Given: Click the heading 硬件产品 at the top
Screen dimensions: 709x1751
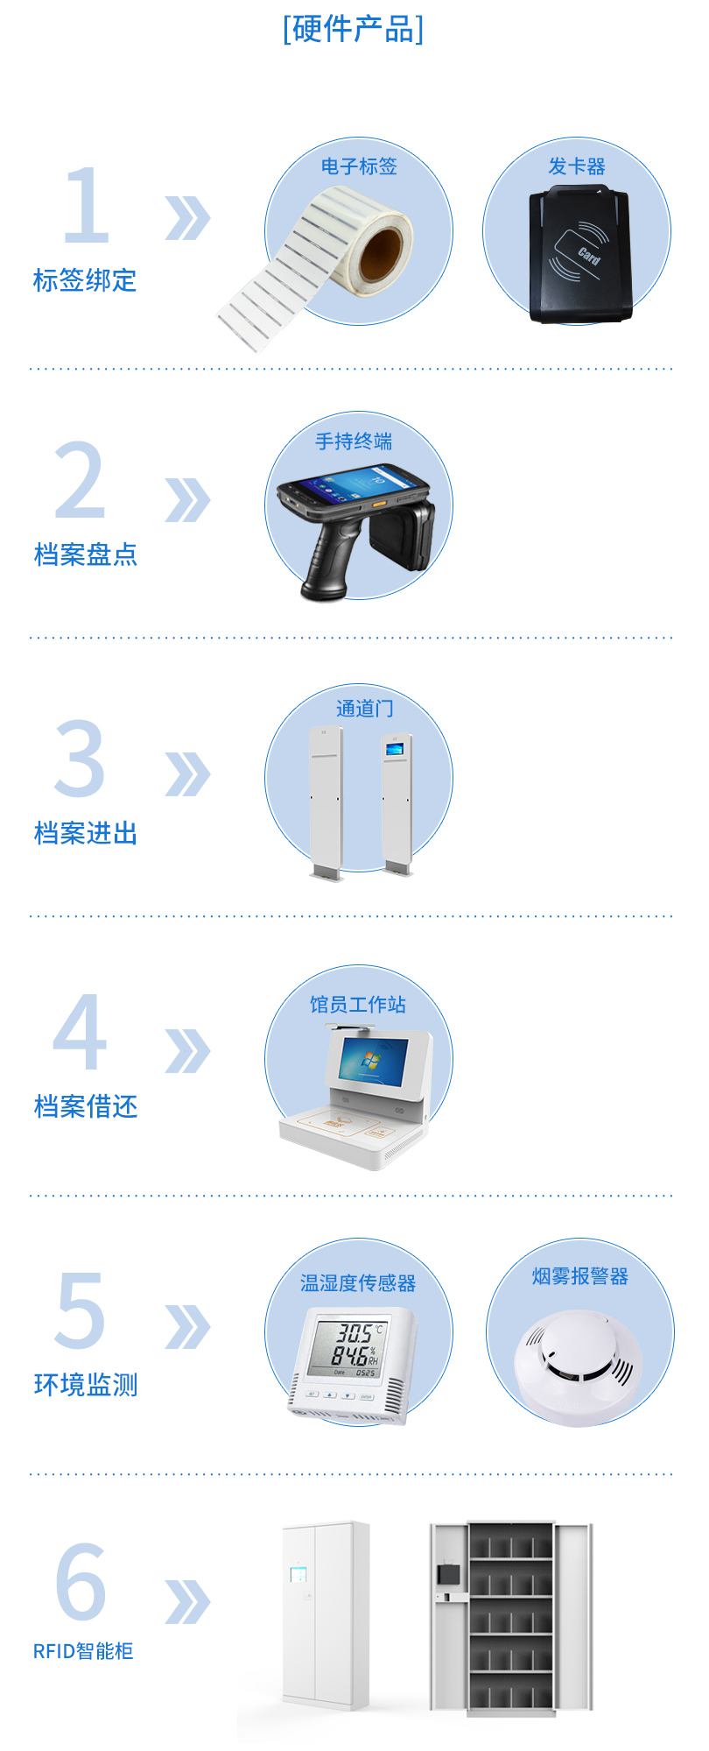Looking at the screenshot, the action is click(x=354, y=29).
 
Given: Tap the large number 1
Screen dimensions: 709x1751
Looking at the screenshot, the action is click(x=87, y=205).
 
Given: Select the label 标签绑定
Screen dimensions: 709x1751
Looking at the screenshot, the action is click(x=85, y=280).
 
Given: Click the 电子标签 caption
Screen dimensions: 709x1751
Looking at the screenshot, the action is click(x=359, y=166).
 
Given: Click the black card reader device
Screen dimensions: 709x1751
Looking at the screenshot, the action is click(x=579, y=255).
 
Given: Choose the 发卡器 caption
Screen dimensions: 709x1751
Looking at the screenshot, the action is click(x=577, y=166).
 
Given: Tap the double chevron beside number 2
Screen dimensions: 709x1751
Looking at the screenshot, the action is click(x=187, y=500).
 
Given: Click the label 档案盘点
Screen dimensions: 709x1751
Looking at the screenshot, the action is click(x=86, y=554).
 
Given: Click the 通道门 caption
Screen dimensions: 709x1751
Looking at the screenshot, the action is click(x=365, y=708).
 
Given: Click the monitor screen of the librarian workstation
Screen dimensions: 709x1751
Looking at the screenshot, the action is click(x=374, y=1059).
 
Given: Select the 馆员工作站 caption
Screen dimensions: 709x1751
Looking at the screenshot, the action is click(x=358, y=1004).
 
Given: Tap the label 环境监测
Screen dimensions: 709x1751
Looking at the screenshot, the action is click(x=86, y=1385).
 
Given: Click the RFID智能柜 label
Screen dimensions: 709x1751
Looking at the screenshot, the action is click(x=83, y=1651).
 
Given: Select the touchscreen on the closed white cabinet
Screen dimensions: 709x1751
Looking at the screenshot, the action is click(x=298, y=1574).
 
